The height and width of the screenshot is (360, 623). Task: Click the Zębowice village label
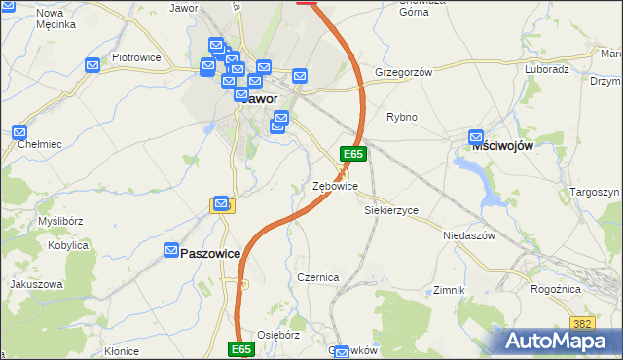[335, 185]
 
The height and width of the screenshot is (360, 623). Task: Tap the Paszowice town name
[210, 252]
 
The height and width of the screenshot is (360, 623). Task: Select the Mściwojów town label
[502, 143]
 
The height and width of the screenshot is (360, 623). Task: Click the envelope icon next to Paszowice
[171, 250]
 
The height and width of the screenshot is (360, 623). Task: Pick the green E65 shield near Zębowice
[352, 154]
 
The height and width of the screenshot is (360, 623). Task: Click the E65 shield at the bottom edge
[242, 347]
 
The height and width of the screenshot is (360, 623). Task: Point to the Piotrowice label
[135, 57]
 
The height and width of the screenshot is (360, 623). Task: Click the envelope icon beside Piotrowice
[92, 66]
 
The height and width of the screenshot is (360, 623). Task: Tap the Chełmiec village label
[40, 144]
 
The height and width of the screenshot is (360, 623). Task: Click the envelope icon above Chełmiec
[19, 131]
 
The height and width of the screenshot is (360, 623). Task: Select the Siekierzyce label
[390, 209]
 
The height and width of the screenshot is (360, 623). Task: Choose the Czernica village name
[317, 277]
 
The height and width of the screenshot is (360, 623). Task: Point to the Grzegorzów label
[402, 72]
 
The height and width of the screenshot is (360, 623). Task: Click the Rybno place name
[401, 117]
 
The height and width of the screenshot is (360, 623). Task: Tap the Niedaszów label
[469, 235]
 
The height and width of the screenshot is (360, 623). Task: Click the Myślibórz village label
[58, 221]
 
